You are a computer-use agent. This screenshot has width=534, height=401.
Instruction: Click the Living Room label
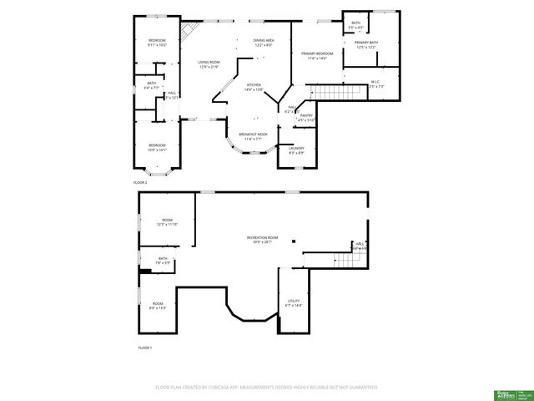click(x=209, y=64)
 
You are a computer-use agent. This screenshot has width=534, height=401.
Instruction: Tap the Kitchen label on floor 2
click(x=254, y=87)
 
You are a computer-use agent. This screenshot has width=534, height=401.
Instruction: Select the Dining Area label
click(x=264, y=43)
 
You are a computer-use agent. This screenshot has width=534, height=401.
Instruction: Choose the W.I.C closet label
click(x=375, y=84)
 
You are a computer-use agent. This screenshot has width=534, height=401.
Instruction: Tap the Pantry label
click(x=306, y=118)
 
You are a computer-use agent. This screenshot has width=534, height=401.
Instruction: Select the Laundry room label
click(x=296, y=150)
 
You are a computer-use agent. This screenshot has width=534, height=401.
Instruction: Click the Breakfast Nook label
click(x=253, y=136)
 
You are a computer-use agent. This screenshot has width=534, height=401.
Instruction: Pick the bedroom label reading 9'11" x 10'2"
click(x=158, y=43)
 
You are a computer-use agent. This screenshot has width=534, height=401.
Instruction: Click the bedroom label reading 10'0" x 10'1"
click(x=158, y=148)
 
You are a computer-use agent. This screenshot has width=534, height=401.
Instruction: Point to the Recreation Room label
click(x=262, y=240)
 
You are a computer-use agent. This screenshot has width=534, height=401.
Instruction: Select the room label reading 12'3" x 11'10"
click(x=167, y=222)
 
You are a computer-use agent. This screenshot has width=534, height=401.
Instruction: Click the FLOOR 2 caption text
click(x=140, y=182)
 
